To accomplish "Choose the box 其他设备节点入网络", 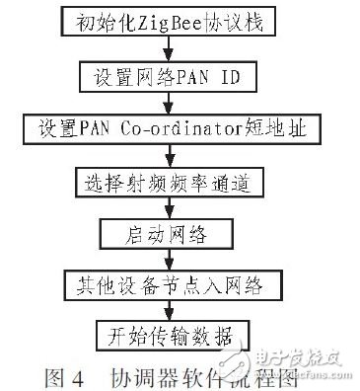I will pyautogui.click(x=168, y=284).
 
